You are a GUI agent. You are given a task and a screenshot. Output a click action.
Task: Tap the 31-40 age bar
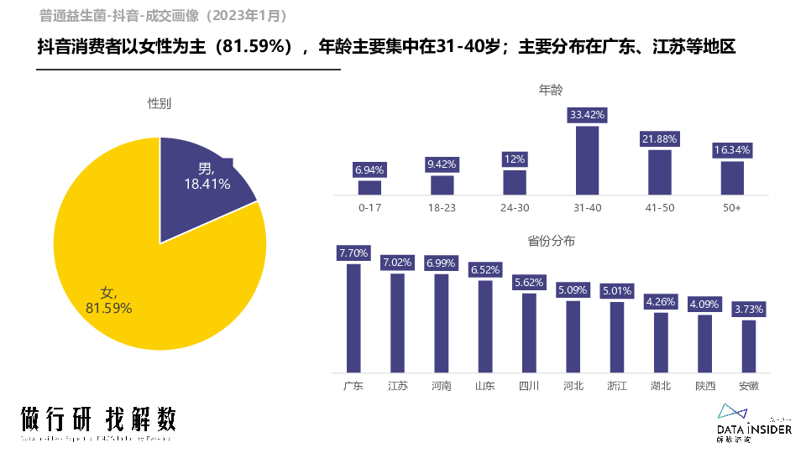point(587,160)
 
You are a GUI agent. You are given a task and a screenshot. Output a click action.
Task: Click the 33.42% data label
point(587,114)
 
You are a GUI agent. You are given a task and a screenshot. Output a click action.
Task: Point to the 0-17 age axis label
point(370,207)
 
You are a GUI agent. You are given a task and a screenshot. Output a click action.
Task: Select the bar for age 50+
point(732,178)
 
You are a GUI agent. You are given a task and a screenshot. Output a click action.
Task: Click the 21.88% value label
point(659,138)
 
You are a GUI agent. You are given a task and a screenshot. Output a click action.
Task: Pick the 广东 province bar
point(353,318)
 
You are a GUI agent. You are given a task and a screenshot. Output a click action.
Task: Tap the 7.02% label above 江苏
point(397,263)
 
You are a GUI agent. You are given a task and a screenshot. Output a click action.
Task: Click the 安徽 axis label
point(748,386)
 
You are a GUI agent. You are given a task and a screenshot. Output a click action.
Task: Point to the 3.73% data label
point(748,310)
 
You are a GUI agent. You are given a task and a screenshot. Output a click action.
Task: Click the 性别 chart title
point(160,103)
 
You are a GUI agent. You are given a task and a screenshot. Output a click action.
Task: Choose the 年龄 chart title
point(551,90)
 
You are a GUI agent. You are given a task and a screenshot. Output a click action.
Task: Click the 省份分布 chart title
point(551,241)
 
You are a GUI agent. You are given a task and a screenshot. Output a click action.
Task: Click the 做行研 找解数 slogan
point(98,419)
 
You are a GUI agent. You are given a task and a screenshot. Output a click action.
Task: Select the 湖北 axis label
point(661,386)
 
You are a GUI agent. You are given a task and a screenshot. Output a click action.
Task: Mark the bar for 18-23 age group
point(442,185)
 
